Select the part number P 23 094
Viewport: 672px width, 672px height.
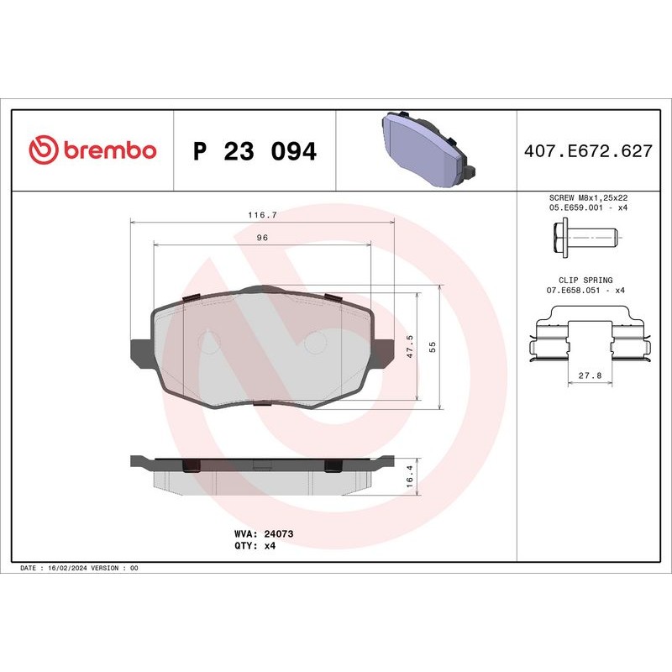pos(255,152)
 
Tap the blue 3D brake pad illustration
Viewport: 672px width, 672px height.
pos(426,150)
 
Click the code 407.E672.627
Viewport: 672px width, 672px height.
pos(588,152)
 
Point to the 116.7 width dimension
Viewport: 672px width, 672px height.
pos(262,215)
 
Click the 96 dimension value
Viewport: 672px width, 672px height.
pos(262,239)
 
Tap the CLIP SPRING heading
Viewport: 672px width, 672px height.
pos(585,280)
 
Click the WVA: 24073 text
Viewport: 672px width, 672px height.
pos(262,533)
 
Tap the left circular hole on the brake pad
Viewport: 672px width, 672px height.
pos(208,341)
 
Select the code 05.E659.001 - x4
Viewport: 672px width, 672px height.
pos(588,206)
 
